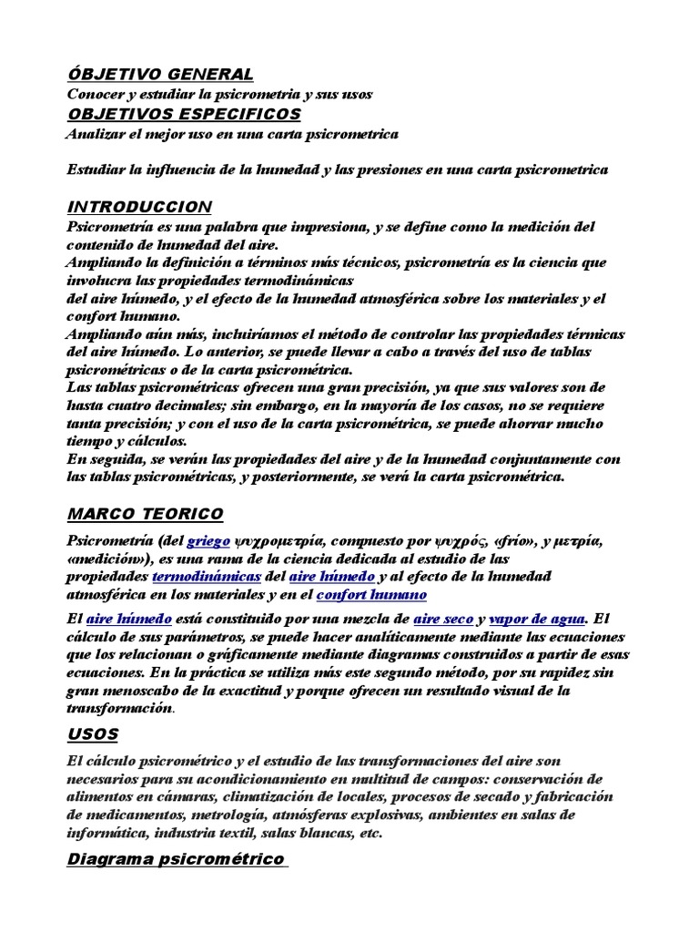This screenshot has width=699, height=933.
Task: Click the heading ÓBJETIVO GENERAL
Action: tap(160, 74)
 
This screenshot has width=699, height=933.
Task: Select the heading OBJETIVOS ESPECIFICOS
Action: tap(184, 114)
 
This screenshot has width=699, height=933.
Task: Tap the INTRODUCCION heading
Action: tap(139, 207)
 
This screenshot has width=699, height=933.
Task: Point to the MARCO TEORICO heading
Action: tap(145, 515)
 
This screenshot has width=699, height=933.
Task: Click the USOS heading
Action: tap(93, 733)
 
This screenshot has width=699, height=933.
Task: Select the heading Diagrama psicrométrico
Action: tap(176, 859)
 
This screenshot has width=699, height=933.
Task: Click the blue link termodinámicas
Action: tap(207, 577)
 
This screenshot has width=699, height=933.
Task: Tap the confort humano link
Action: tap(371, 595)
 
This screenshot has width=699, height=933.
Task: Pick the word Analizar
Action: tap(98, 134)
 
